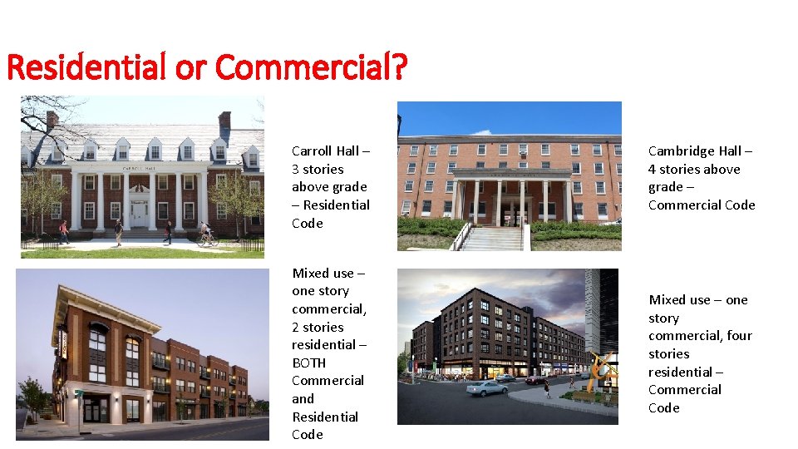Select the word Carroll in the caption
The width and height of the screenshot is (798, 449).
pos(312,150)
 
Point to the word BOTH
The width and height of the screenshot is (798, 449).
pos(309,363)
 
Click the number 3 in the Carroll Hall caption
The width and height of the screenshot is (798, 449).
pos(296,169)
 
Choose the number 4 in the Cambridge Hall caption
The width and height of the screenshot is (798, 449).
pos(653,169)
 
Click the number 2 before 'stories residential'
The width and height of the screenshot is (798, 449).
pos(296,327)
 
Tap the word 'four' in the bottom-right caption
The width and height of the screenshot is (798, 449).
pos(739,335)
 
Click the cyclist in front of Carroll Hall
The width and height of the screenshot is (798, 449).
pos(207,236)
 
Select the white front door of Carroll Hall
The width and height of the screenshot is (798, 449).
pos(138,214)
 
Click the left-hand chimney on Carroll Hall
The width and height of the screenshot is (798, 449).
pos(52,121)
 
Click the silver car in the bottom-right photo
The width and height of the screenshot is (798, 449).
pos(486,388)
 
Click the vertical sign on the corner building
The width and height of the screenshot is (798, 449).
pos(62,342)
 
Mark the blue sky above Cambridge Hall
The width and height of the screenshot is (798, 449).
pos(509,116)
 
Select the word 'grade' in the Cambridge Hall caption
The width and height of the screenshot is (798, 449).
pos(666,187)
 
